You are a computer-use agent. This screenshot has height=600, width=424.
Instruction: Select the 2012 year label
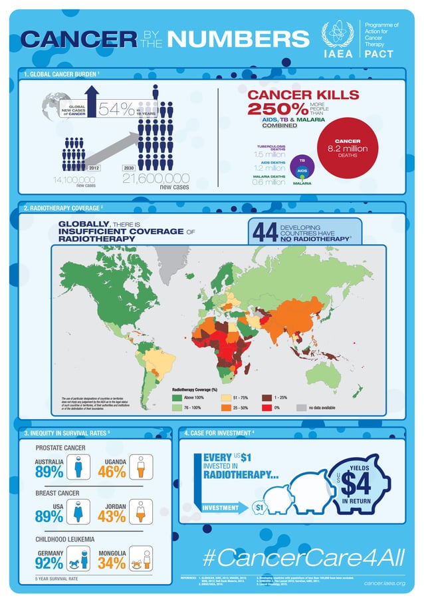(94, 168)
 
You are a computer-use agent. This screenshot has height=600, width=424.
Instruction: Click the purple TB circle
(301, 160)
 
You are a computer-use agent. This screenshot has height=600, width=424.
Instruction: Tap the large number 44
(265, 232)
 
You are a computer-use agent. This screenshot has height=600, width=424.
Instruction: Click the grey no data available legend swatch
(301, 408)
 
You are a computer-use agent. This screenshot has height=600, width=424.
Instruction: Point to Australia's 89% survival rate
(49, 472)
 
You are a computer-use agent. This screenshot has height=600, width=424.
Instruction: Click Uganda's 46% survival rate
(112, 472)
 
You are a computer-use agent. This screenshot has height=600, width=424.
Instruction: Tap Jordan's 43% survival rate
(112, 516)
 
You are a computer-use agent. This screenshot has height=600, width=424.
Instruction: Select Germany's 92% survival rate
(49, 563)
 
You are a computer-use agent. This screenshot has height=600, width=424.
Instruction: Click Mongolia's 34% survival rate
(112, 563)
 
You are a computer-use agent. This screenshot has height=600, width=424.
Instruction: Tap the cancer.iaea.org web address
(385, 583)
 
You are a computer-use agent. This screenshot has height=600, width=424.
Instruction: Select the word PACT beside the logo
(379, 53)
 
